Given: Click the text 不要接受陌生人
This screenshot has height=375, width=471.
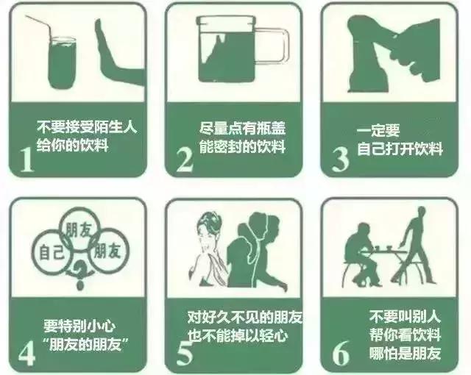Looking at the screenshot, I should pos(87,126).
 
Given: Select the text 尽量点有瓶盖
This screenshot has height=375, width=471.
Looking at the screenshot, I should pos(242,126).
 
